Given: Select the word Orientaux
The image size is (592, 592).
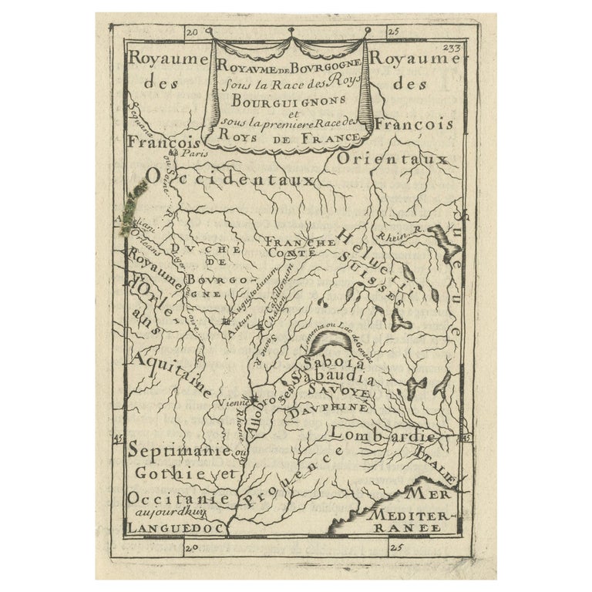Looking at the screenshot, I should click(392, 159).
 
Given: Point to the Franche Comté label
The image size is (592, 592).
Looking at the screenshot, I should click(300, 247).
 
